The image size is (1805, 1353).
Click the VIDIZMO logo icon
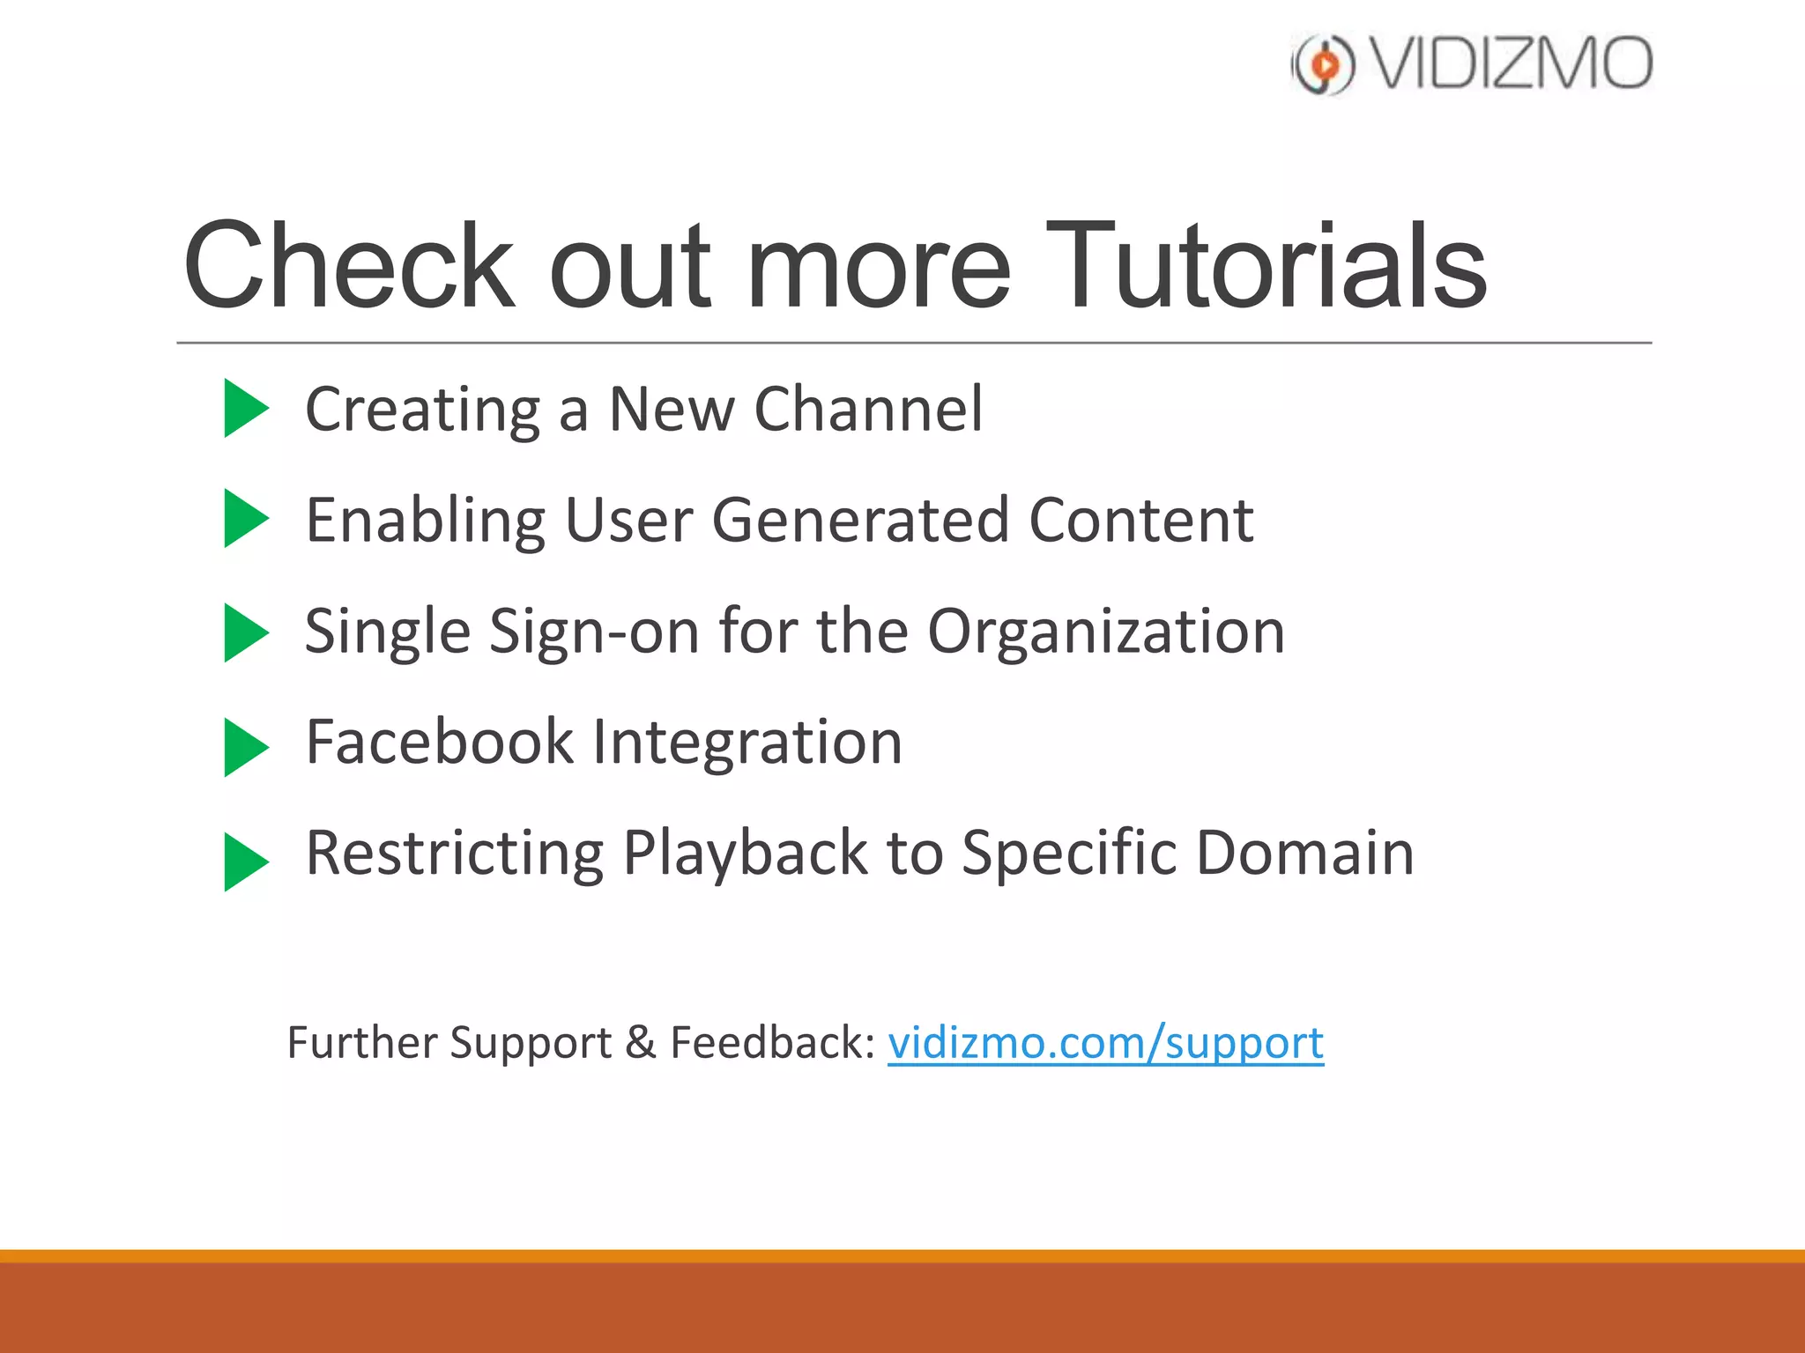tap(1322, 64)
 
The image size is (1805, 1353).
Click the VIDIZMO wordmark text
tap(1512, 64)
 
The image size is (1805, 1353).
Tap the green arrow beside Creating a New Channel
tap(244, 408)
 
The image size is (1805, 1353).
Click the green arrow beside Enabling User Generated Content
tap(244, 519)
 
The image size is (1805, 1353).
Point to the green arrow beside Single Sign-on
tap(244, 632)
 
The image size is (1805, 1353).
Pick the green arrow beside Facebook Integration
tap(244, 747)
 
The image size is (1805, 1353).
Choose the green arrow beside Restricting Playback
tap(244, 861)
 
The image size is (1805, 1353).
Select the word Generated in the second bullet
tap(859, 521)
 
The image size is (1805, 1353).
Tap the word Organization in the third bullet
tap(1106, 632)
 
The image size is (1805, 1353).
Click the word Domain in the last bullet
tap(1304, 853)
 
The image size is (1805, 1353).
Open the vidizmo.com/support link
tap(1105, 1044)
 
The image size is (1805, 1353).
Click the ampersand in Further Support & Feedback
tap(641, 1043)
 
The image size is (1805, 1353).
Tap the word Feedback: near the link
tap(772, 1043)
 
